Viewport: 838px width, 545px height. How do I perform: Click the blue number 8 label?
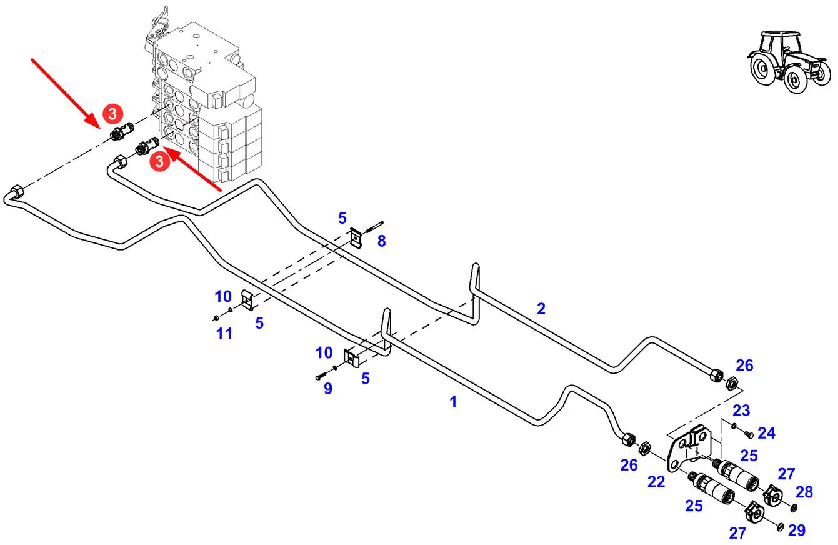coord(381,241)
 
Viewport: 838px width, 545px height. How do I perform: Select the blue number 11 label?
coord(224,334)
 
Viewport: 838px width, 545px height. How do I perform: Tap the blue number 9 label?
coord(328,389)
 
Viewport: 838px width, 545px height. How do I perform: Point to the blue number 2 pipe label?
coord(541,308)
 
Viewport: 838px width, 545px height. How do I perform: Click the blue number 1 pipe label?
coord(454,402)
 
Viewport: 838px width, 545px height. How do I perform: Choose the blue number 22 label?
coord(656,482)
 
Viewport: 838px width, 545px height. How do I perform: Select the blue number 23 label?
coord(741,411)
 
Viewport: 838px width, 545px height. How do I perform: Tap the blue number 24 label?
coord(766,433)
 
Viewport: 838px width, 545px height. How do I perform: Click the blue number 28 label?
coord(804,492)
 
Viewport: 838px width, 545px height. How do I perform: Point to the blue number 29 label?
coord(796,531)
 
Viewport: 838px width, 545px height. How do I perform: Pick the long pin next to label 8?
coord(374,227)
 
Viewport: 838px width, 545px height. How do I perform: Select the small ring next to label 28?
coord(794,506)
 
